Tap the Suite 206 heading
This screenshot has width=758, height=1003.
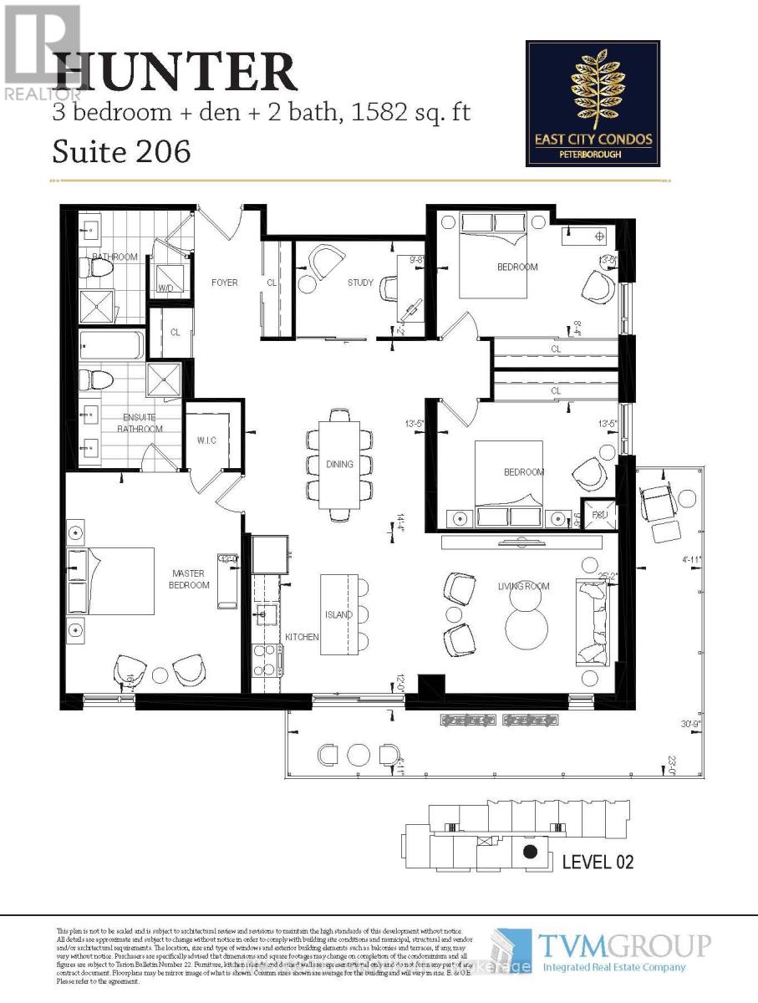click(x=121, y=151)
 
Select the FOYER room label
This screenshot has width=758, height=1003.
click(x=224, y=283)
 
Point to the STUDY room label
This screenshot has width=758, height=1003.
click(x=360, y=283)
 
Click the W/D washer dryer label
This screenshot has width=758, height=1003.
click(x=165, y=288)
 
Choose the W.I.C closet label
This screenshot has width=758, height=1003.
click(x=206, y=440)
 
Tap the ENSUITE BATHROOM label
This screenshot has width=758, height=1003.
click(x=140, y=423)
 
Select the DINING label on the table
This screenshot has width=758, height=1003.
click(x=339, y=464)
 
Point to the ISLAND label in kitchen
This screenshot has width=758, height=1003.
click(x=339, y=614)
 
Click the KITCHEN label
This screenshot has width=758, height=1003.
click(x=302, y=637)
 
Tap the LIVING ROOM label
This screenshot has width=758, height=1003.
click(x=524, y=586)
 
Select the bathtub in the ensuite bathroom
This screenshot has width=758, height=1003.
click(x=112, y=344)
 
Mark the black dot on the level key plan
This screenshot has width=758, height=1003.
click(x=528, y=853)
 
